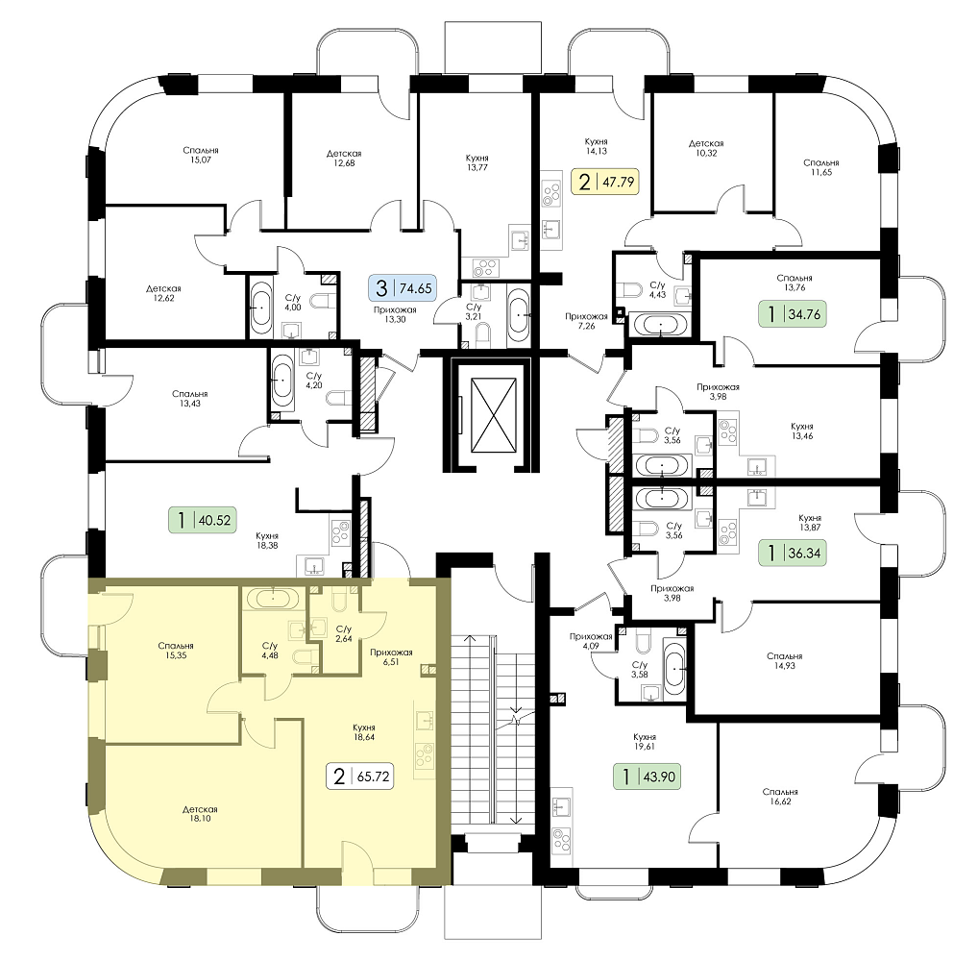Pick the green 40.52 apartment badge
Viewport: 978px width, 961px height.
[203, 519]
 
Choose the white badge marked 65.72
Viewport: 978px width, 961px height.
[360, 776]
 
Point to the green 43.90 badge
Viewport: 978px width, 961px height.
[648, 776]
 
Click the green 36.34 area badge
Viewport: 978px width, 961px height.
[793, 553]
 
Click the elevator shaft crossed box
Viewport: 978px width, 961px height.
[494, 414]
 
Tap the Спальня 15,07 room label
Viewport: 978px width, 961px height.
[200, 155]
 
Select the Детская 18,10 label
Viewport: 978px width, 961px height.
[200, 814]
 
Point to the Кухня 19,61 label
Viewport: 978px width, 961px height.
[644, 741]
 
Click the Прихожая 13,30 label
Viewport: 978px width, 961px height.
[395, 314]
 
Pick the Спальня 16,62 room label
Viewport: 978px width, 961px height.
[780, 797]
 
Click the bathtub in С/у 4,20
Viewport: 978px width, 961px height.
[281, 382]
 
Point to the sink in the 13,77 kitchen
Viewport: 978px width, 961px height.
[520, 240]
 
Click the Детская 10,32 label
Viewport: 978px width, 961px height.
[706, 148]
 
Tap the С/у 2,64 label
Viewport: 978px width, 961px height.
[343, 633]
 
